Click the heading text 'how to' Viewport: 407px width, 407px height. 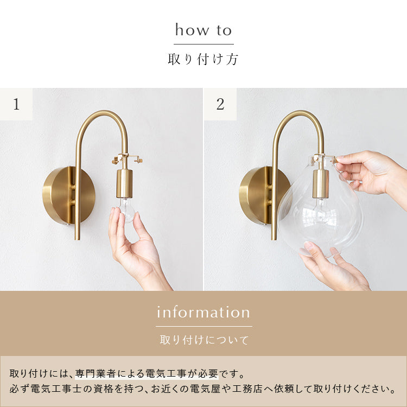pyautogui.click(x=203, y=30)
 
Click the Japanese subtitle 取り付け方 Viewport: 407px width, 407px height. pyautogui.click(x=203, y=59)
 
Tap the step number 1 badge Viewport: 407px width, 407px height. pyautogui.click(x=16, y=104)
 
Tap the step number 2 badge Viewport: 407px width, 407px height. pyautogui.click(x=220, y=104)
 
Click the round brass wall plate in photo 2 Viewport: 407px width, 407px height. pyautogui.click(x=255, y=195)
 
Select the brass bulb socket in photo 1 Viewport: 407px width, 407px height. pyautogui.click(x=124, y=183)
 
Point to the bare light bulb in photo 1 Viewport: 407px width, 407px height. pyautogui.click(x=125, y=208)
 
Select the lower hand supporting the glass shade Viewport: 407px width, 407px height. pyautogui.click(x=334, y=266)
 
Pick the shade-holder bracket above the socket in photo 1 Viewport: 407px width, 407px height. pyautogui.click(x=127, y=160)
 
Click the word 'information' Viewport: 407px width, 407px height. pyautogui.click(x=203, y=313)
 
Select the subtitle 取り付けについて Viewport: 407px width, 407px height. pyautogui.click(x=203, y=340)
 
